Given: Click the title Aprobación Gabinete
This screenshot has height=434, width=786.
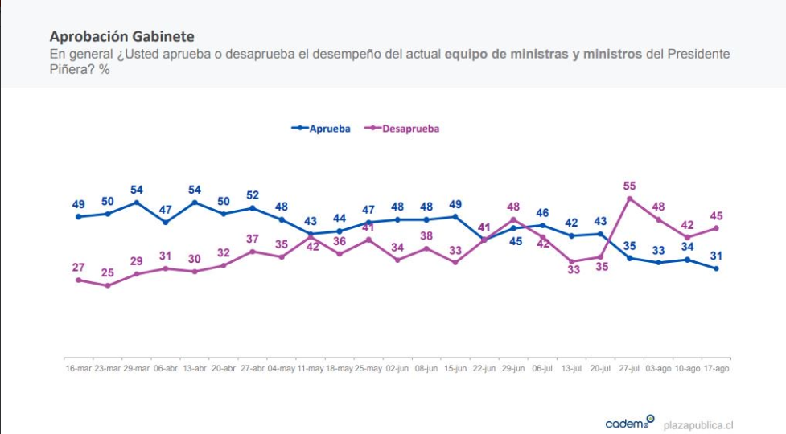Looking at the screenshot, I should pyautogui.click(x=121, y=37).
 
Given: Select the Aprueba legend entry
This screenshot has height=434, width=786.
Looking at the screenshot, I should pyautogui.click(x=322, y=128).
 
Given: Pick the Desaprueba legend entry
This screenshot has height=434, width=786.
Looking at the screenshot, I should pyautogui.click(x=404, y=128).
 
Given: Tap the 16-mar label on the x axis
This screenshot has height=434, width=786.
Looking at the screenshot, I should pyautogui.click(x=79, y=368).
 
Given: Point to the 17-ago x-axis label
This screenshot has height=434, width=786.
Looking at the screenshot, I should pyautogui.click(x=716, y=368).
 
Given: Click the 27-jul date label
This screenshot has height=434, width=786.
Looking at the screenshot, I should pyautogui.click(x=629, y=368).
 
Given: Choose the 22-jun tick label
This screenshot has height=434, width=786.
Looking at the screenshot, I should pyautogui.click(x=484, y=368).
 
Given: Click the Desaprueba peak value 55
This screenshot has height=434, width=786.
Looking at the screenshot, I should pyautogui.click(x=630, y=186).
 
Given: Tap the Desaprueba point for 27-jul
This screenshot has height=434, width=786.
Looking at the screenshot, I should pyautogui.click(x=630, y=198).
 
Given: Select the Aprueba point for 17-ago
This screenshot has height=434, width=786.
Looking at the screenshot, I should pyautogui.click(x=716, y=268).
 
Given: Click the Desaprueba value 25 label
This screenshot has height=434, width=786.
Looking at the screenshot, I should pyautogui.click(x=108, y=273).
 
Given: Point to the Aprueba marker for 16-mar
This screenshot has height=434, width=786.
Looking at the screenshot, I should pyautogui.click(x=79, y=216).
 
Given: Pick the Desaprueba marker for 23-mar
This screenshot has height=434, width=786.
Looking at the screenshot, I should pyautogui.click(x=108, y=285).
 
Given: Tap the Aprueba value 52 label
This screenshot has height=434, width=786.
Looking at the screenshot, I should pyautogui.click(x=253, y=195).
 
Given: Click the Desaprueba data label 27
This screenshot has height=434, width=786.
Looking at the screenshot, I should pyautogui.click(x=79, y=268).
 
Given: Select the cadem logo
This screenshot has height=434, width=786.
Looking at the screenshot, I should pyautogui.click(x=630, y=423).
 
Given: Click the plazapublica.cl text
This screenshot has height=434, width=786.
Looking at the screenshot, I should pyautogui.click(x=698, y=424).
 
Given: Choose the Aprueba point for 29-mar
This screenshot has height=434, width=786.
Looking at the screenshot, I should pyautogui.click(x=137, y=203).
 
